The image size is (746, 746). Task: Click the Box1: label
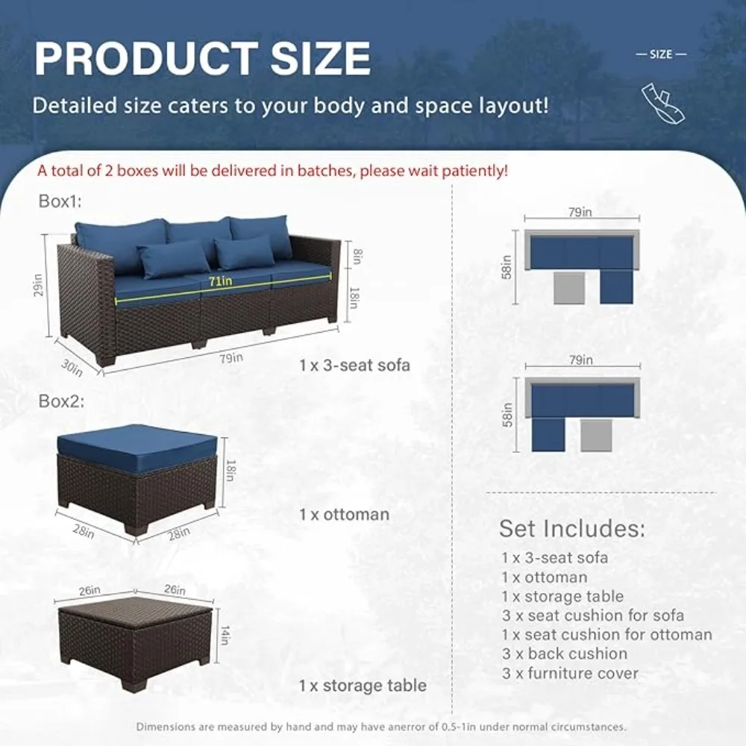60,201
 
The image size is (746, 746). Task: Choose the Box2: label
61,401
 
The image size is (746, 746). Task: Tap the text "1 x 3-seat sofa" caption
354,366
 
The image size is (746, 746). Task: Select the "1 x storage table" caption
363,685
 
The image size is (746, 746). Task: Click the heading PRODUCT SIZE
202,57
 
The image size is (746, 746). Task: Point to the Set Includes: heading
571,528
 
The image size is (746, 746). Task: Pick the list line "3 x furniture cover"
570,673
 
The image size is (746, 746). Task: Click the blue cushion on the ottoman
138,446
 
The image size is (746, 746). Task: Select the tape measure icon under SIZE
663,102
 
